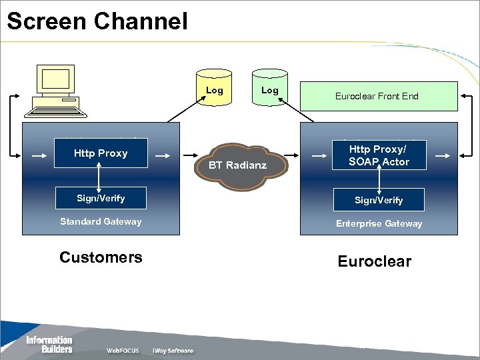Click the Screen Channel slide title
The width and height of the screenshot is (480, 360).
97,21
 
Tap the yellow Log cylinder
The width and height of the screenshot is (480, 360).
214,87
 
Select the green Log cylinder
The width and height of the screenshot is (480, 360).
270,87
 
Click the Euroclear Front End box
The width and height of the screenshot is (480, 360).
379,96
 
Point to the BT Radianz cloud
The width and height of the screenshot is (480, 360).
241,166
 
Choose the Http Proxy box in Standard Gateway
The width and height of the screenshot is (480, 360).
101,153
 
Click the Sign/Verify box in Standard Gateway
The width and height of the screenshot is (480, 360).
101,198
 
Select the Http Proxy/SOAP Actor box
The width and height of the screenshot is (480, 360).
379,155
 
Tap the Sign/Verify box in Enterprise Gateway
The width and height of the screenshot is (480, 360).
379,200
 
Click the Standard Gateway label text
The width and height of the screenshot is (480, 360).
101,221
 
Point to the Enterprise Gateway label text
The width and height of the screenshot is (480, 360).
379,223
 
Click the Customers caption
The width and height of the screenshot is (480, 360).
101,257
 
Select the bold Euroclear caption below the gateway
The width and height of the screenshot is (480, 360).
375,261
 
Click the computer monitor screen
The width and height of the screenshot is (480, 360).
55,79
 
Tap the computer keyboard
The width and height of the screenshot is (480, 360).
55,112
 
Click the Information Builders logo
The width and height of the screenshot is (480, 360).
49,345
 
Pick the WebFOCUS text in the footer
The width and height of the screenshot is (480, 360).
123,351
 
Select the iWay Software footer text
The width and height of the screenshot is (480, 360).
173,351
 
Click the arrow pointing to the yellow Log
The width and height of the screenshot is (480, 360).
187,109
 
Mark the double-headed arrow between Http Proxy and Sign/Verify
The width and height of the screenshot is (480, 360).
99,177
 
